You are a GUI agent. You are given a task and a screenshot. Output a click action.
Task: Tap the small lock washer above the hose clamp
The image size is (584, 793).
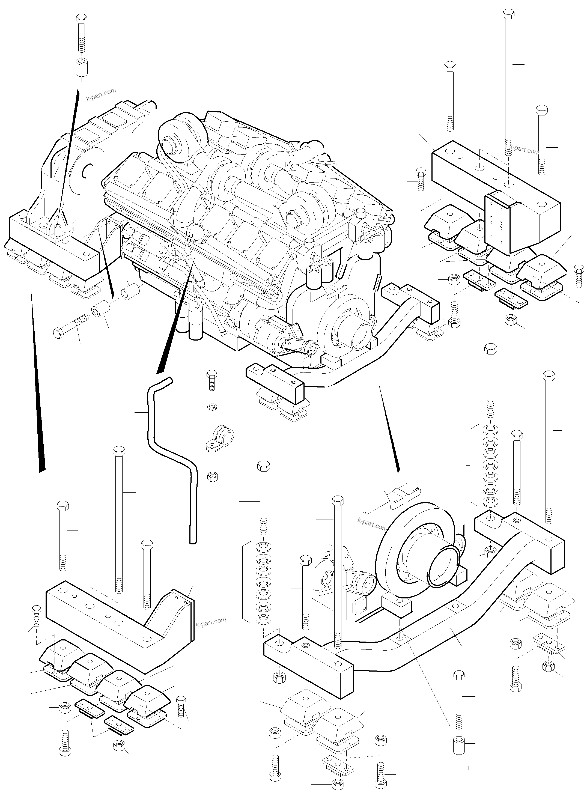[211, 407]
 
